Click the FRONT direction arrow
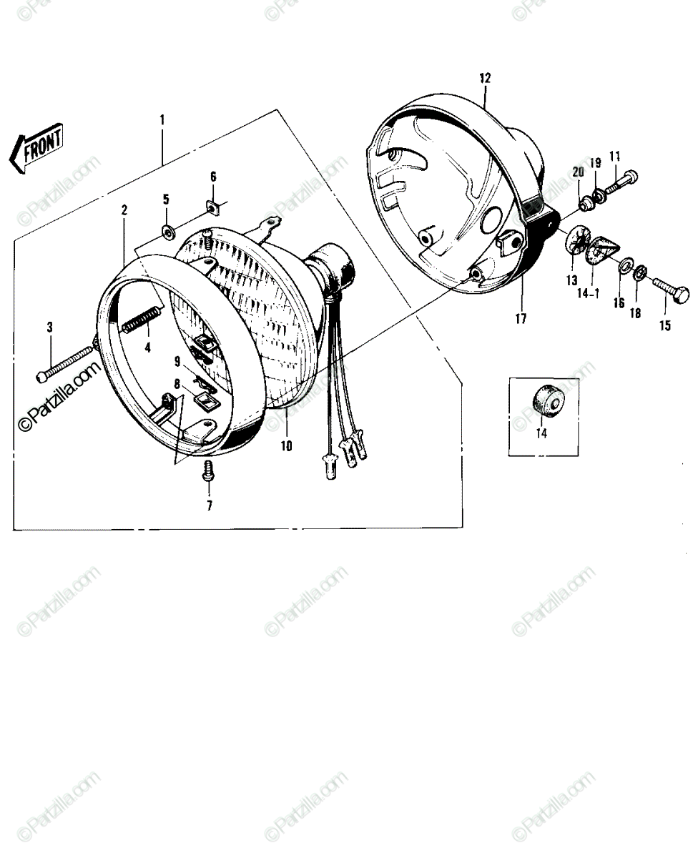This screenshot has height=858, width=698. [37, 148]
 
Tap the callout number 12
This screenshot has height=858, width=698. [486, 78]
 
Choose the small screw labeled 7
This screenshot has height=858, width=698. [208, 471]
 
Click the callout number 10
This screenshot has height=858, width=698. [286, 445]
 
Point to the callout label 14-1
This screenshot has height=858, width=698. [588, 294]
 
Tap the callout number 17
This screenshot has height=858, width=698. [521, 319]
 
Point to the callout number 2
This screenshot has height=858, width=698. [124, 210]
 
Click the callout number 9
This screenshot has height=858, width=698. [177, 362]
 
